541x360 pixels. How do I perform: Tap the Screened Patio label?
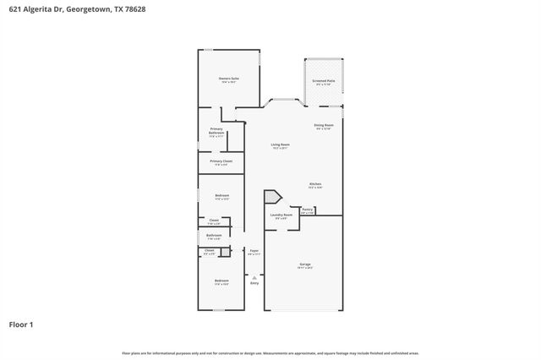[324, 81]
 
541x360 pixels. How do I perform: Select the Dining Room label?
[324, 125]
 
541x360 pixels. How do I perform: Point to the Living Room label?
[280, 145]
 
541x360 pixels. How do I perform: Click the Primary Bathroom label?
[216, 131]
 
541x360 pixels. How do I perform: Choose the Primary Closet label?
[221, 161]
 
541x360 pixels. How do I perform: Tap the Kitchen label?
[314, 184]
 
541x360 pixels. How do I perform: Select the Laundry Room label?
[281, 215]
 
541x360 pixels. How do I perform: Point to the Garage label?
[304, 265]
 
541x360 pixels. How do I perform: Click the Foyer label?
[254, 251]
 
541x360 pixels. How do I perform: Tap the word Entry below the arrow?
[254, 282]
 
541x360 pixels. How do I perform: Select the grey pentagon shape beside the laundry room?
[272, 197]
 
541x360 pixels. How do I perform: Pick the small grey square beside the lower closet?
[225, 252]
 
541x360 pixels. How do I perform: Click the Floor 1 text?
[21, 324]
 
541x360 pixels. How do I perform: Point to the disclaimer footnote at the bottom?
[270, 352]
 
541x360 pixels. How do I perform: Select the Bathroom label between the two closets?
[215, 236]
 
